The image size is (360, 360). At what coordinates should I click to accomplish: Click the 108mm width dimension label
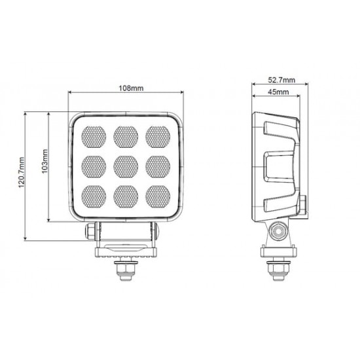click(131, 88)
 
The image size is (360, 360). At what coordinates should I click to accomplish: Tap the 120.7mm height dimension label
click(22, 172)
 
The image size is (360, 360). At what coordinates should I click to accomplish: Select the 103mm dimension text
click(45, 162)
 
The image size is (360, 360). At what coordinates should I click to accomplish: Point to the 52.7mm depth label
click(281, 80)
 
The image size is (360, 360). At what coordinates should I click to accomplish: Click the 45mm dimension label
click(278, 92)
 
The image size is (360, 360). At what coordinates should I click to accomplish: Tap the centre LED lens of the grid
click(126, 167)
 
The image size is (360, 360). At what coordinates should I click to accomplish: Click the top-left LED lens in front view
click(94, 137)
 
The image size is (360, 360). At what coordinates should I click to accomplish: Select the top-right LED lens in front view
click(158, 137)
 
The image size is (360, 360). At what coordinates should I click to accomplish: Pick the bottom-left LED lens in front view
click(94, 197)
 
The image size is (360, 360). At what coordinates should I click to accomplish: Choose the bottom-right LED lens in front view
click(158, 197)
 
